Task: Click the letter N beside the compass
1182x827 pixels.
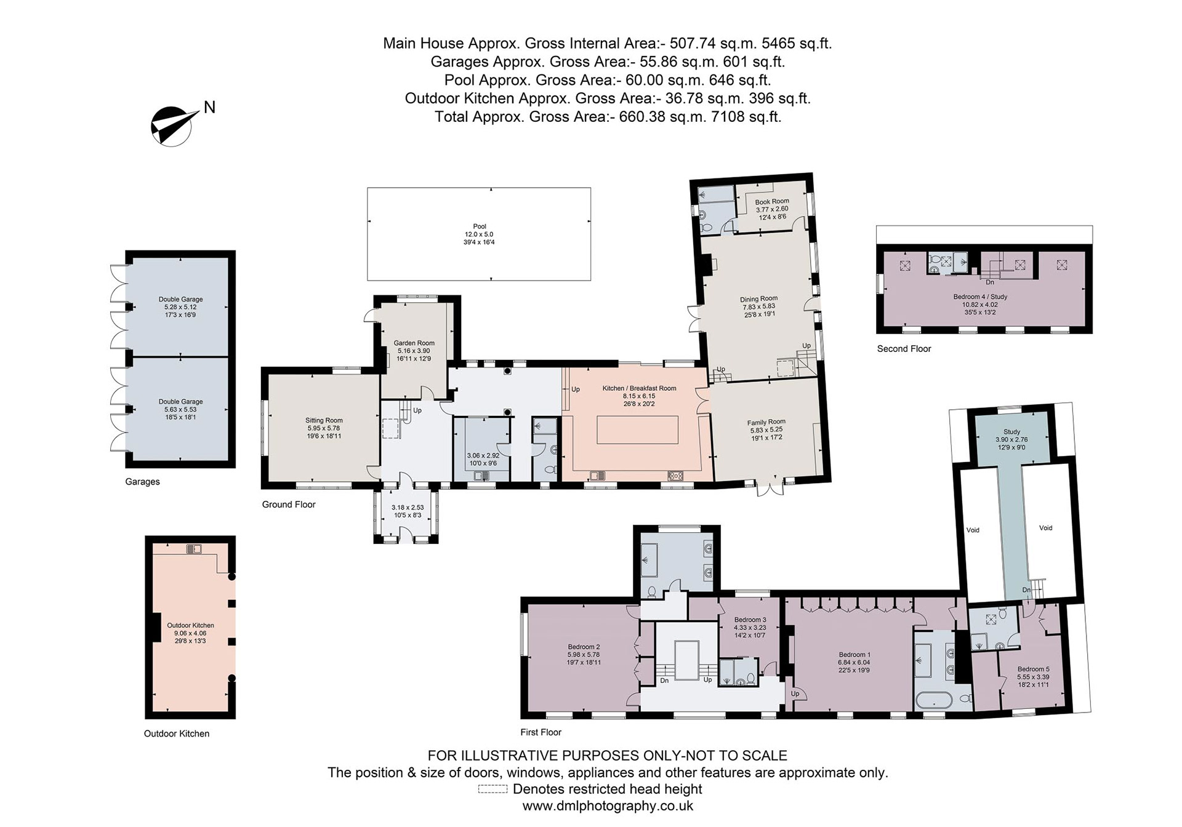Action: coord(209,107)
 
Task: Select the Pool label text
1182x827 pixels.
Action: coord(480,226)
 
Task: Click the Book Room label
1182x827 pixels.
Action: coord(772,201)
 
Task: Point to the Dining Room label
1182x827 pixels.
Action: coord(758,299)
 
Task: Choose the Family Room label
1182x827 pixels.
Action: coord(766,422)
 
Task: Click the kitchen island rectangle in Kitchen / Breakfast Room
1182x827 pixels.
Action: coord(637,430)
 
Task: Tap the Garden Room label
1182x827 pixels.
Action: coord(414,343)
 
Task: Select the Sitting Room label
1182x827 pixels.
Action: coord(324,421)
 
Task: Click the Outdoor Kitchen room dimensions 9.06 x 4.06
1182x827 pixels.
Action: coord(190,633)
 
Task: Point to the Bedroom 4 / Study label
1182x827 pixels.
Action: coord(980,297)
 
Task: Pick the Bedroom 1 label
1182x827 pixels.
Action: coord(854,655)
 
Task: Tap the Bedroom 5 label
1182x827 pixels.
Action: coord(1034,669)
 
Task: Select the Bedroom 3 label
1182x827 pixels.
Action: coord(750,620)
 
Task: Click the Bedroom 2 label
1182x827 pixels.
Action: coord(584,647)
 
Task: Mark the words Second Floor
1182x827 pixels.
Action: coord(904,349)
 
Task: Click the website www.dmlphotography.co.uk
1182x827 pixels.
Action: coord(608,806)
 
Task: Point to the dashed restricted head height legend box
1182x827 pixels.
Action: coord(493,789)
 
